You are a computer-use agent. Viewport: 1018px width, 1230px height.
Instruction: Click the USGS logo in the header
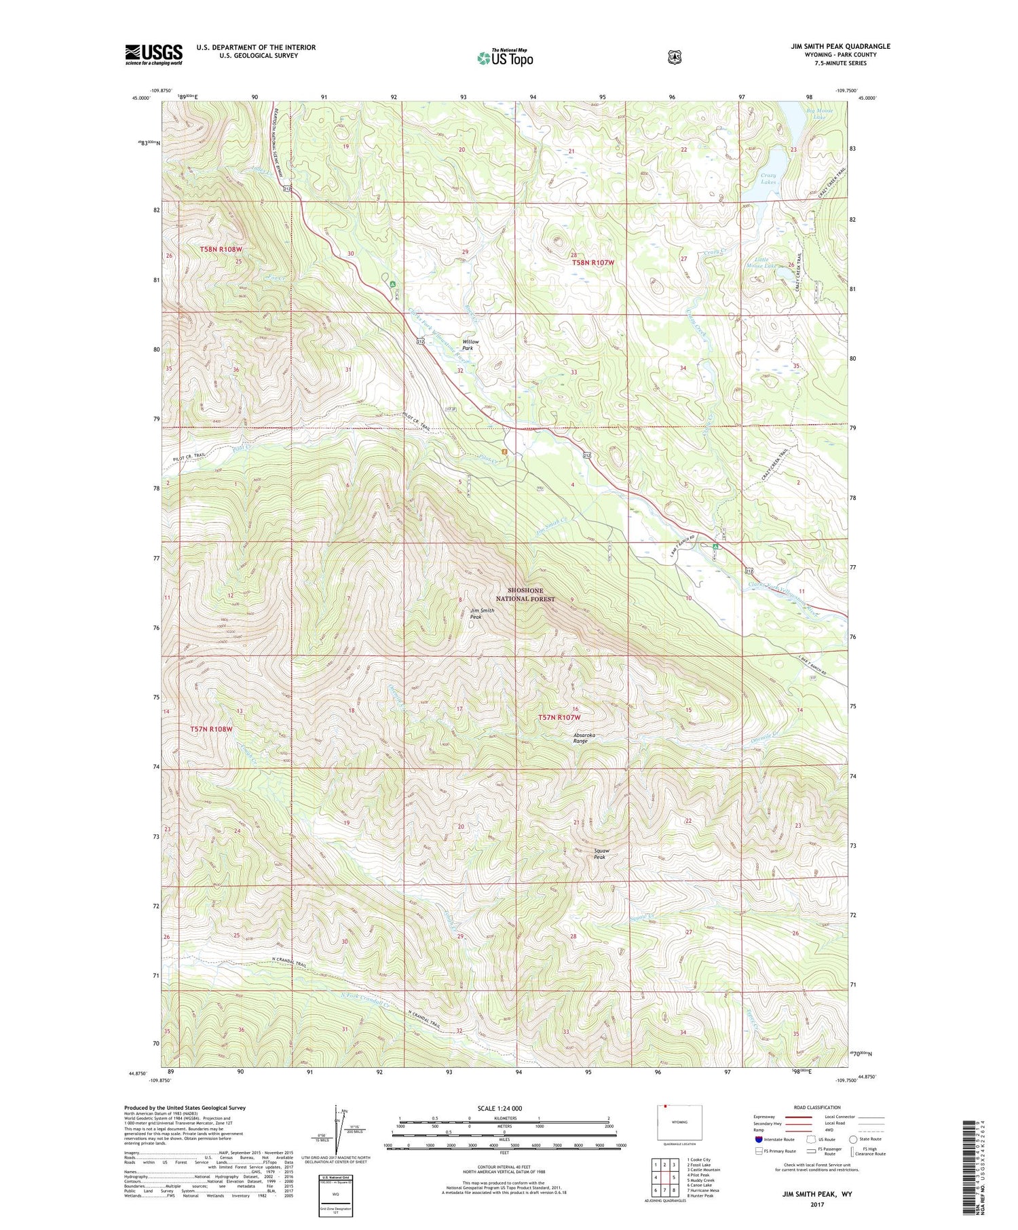tap(153, 54)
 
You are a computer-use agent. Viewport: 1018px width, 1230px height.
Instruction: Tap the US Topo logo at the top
tap(505, 58)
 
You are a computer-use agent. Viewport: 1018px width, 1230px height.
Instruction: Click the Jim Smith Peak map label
tap(482, 613)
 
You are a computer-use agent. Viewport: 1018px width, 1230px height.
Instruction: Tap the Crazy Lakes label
tap(768, 178)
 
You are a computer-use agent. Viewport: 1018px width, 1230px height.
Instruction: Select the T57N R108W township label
tap(211, 729)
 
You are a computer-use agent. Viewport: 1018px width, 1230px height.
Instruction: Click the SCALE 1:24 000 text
tap(501, 1108)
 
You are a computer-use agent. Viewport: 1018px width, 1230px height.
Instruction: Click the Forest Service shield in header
tap(675, 58)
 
